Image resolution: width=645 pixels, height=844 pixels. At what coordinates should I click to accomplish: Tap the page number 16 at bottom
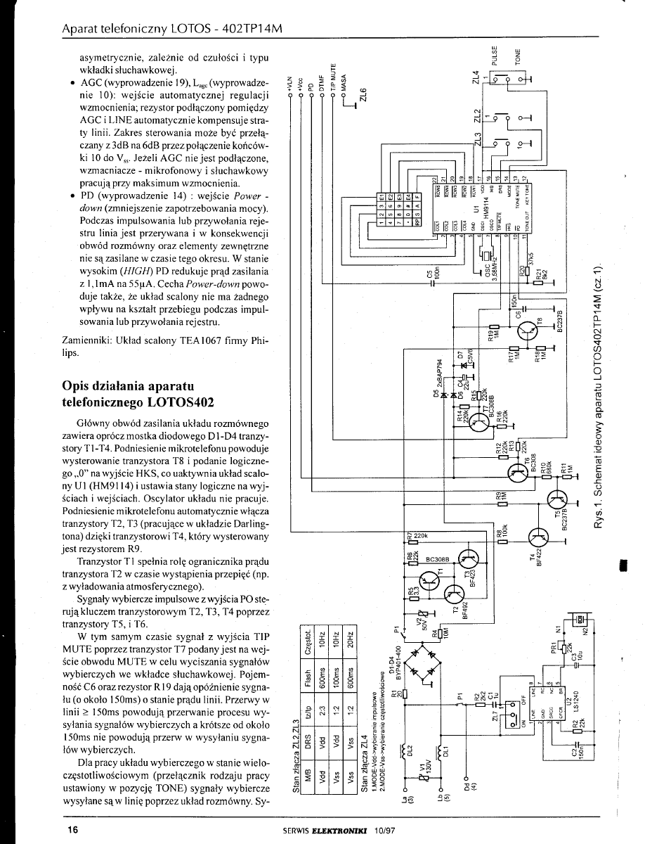pyautogui.click(x=72, y=830)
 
